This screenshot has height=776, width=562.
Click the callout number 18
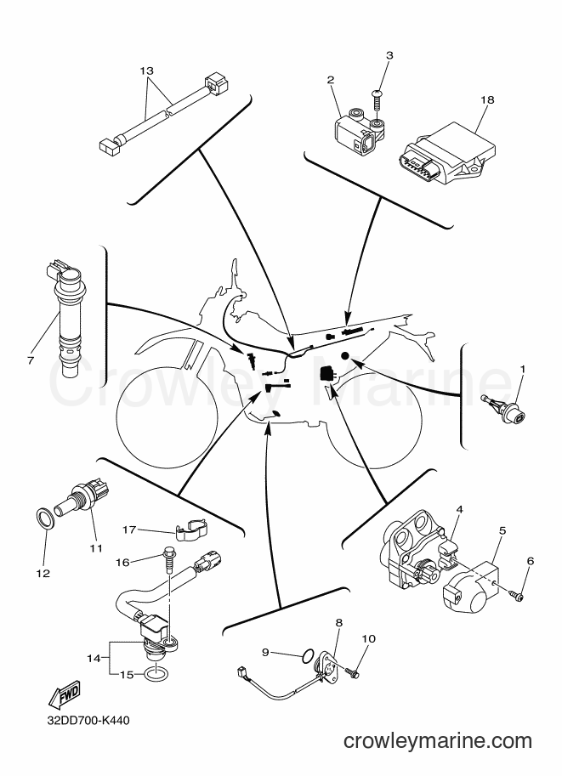487,100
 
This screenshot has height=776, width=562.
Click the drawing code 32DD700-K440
88,721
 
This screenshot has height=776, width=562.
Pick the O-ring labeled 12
46,518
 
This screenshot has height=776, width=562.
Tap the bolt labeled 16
167,560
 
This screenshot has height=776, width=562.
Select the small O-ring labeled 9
307,656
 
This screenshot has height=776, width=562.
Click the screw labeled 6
516,597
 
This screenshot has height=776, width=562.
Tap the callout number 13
146,71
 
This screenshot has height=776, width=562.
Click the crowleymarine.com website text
438,741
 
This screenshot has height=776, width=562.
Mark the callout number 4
459,509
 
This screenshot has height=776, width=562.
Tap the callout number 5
502,530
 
